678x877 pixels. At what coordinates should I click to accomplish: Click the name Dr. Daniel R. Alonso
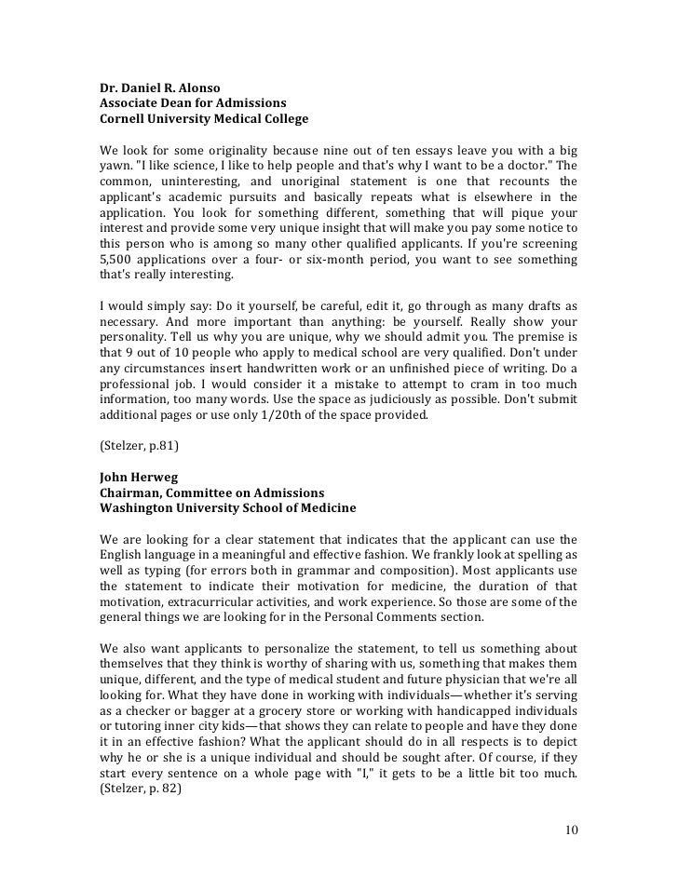[160, 88]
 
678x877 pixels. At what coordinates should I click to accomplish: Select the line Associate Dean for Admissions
[193, 103]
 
